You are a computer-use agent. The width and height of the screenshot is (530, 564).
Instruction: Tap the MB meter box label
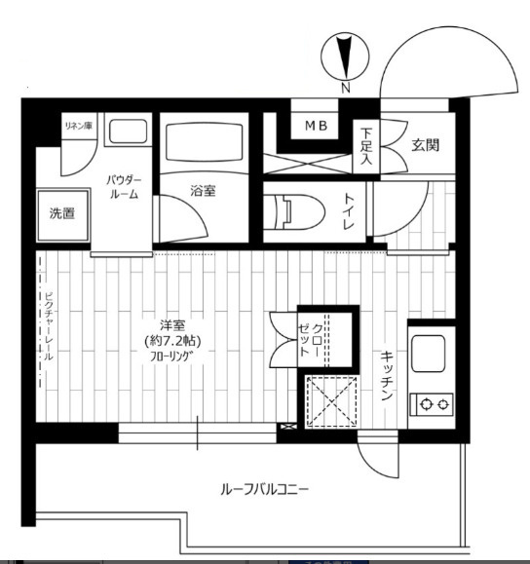tap(317, 126)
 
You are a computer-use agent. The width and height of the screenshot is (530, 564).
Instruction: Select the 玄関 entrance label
tap(426, 145)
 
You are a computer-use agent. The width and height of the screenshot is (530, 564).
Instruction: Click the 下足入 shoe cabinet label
tap(366, 146)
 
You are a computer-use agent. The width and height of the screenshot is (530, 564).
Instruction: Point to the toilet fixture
tap(294, 211)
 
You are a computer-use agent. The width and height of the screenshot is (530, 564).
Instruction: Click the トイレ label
tap(349, 211)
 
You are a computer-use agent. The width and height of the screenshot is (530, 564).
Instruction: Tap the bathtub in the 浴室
tap(204, 142)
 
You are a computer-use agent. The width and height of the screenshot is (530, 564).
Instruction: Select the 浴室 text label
tap(203, 191)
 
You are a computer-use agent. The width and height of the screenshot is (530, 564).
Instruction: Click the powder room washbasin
tap(128, 132)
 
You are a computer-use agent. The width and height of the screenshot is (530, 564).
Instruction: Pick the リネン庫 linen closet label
tap(79, 126)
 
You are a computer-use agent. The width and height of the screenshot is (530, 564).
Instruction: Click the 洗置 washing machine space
tap(63, 214)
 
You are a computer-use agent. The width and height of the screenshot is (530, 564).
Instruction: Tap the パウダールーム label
tap(124, 187)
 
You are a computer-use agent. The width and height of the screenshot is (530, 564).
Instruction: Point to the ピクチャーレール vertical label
tap(49, 326)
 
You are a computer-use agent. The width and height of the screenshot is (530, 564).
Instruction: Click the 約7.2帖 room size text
tap(172, 341)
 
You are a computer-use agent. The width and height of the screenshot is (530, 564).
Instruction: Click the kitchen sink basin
tap(428, 354)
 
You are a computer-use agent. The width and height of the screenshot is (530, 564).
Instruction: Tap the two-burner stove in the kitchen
tap(432, 404)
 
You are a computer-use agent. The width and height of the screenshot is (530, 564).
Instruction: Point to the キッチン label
tap(387, 376)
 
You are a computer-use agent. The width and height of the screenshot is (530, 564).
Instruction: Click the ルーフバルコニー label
tap(264, 490)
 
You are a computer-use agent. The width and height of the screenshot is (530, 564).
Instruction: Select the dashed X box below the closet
tap(331, 401)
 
